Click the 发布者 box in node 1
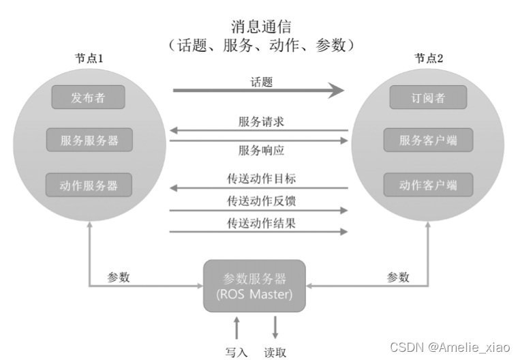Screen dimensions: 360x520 89,97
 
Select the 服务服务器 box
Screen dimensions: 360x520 89,140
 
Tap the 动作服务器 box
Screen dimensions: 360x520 89,185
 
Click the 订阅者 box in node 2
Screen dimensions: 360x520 428,97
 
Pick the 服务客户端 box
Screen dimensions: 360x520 428,140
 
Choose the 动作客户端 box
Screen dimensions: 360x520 428,185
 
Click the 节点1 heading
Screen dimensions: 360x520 89,59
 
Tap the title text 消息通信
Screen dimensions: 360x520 261,27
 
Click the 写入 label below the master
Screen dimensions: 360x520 236,352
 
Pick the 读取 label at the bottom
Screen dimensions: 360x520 275,352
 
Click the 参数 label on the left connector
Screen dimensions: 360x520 119,277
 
